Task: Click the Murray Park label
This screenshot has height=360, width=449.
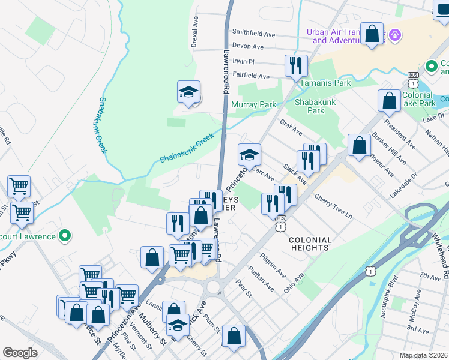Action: pos(253,105)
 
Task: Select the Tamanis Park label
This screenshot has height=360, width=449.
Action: pos(325,83)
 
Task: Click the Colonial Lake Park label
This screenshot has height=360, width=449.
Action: pos(418,99)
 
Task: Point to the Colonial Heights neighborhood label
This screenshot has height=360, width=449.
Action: pos(310,243)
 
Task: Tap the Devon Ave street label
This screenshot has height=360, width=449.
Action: pos(248,46)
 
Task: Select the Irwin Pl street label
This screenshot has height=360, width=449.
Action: pos(244,61)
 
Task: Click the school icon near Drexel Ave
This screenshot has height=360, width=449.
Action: pos(188,93)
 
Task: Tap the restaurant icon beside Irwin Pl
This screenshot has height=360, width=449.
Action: pos(295,66)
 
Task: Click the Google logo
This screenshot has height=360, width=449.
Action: pos(20,353)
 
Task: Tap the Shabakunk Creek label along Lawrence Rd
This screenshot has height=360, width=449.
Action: pos(187,148)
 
